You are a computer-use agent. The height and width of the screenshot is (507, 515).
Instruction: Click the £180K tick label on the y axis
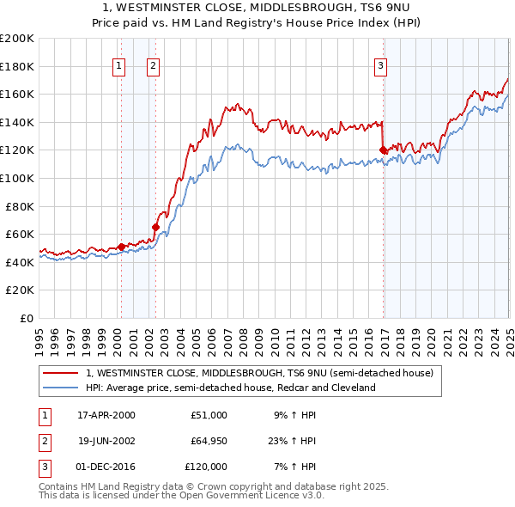[17, 66]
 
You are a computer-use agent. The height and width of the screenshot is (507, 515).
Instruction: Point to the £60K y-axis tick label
[20, 234]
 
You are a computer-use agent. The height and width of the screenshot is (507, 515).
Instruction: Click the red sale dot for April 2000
[122, 247]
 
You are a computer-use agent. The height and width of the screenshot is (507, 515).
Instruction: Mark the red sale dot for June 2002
[155, 228]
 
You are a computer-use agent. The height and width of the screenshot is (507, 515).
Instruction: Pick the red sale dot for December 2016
[383, 150]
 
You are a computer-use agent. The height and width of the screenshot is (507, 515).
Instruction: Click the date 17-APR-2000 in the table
[106, 415]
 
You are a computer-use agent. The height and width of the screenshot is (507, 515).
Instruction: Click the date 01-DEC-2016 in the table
[106, 467]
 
